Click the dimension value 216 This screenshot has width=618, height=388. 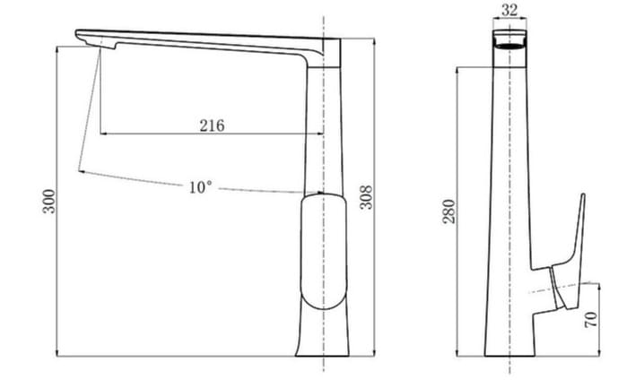[211, 125]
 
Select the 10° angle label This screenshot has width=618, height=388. [200, 187]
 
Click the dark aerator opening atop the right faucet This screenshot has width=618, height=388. [509, 41]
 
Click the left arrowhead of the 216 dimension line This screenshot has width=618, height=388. [102, 134]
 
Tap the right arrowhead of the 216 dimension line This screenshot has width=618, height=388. [318, 134]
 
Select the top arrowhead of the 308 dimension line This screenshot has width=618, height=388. [370, 40]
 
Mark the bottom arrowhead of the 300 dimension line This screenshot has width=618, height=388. [57, 350]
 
